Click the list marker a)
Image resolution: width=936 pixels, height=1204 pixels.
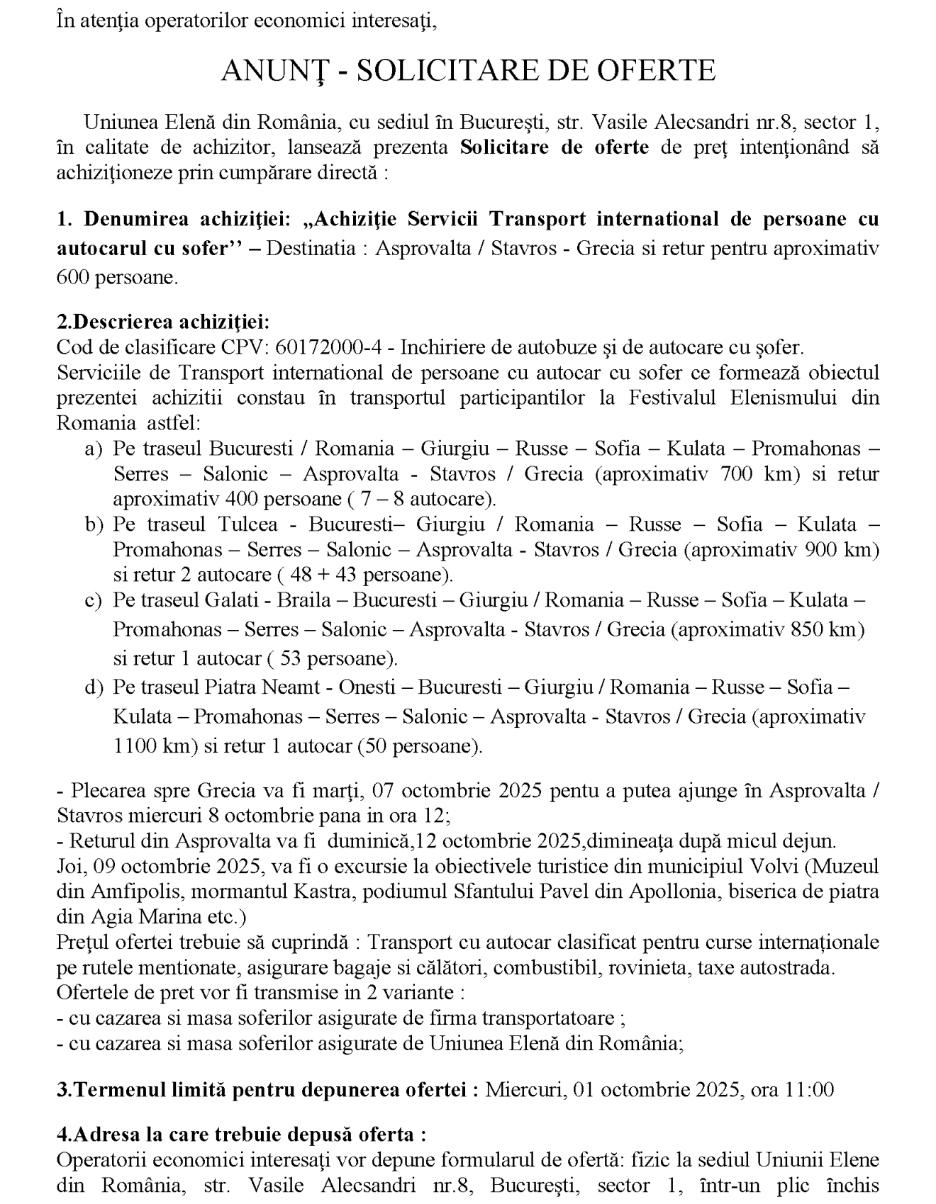pos(94,449)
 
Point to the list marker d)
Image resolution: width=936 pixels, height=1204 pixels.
pos(94,687)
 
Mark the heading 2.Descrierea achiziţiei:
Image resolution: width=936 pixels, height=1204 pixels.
pos(163,322)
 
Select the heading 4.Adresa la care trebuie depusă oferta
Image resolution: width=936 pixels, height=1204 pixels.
pos(241,1134)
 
